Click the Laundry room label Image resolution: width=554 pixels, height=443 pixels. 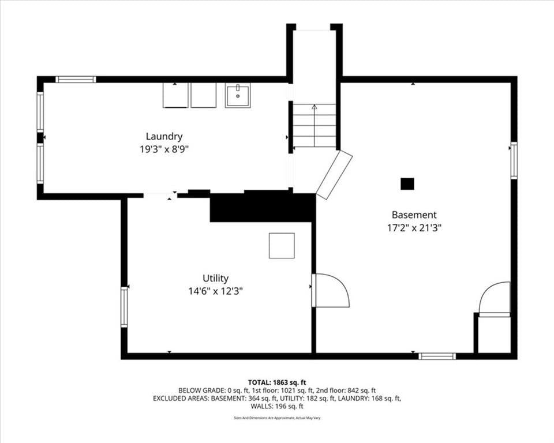click(x=164, y=137)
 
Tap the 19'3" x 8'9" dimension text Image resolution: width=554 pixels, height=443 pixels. click(x=164, y=149)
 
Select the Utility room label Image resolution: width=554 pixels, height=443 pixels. click(x=215, y=279)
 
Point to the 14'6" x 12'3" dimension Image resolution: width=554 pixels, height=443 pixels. click(x=215, y=291)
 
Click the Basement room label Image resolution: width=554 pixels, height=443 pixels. click(x=414, y=215)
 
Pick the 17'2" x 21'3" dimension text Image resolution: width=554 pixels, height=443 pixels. click(x=414, y=228)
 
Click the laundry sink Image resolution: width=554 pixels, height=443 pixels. click(x=238, y=95)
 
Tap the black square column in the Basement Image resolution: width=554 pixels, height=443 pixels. click(x=407, y=183)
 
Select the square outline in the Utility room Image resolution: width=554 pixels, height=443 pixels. click(x=282, y=246)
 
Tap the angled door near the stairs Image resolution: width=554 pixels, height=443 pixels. click(x=334, y=175)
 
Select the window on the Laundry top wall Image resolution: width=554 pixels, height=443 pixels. click(x=76, y=80)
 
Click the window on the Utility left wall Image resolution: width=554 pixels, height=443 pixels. click(x=124, y=307)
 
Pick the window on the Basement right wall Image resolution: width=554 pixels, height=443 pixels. click(x=514, y=160)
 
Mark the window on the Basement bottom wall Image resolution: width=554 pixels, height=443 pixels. click(x=437, y=356)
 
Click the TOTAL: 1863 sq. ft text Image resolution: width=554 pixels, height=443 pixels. click(x=277, y=382)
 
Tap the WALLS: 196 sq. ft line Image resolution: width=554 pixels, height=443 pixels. click(x=277, y=406)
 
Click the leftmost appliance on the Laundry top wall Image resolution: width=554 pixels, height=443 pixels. click(x=175, y=95)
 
